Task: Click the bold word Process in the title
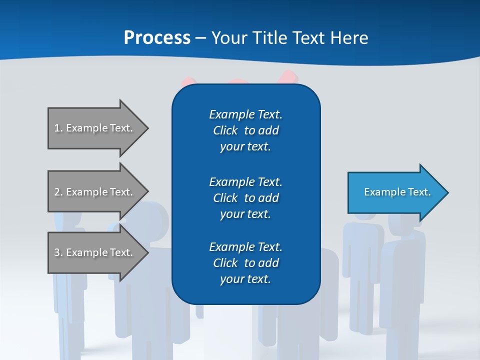pos(157,37)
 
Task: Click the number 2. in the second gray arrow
pos(58,192)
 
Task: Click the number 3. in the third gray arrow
pos(58,252)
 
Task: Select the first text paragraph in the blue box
pos(245,130)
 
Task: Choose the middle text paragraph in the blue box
pos(245,197)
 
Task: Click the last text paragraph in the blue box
pos(245,263)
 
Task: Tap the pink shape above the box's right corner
pos(289,77)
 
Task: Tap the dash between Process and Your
pos(200,38)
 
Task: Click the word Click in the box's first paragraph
pos(225,130)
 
